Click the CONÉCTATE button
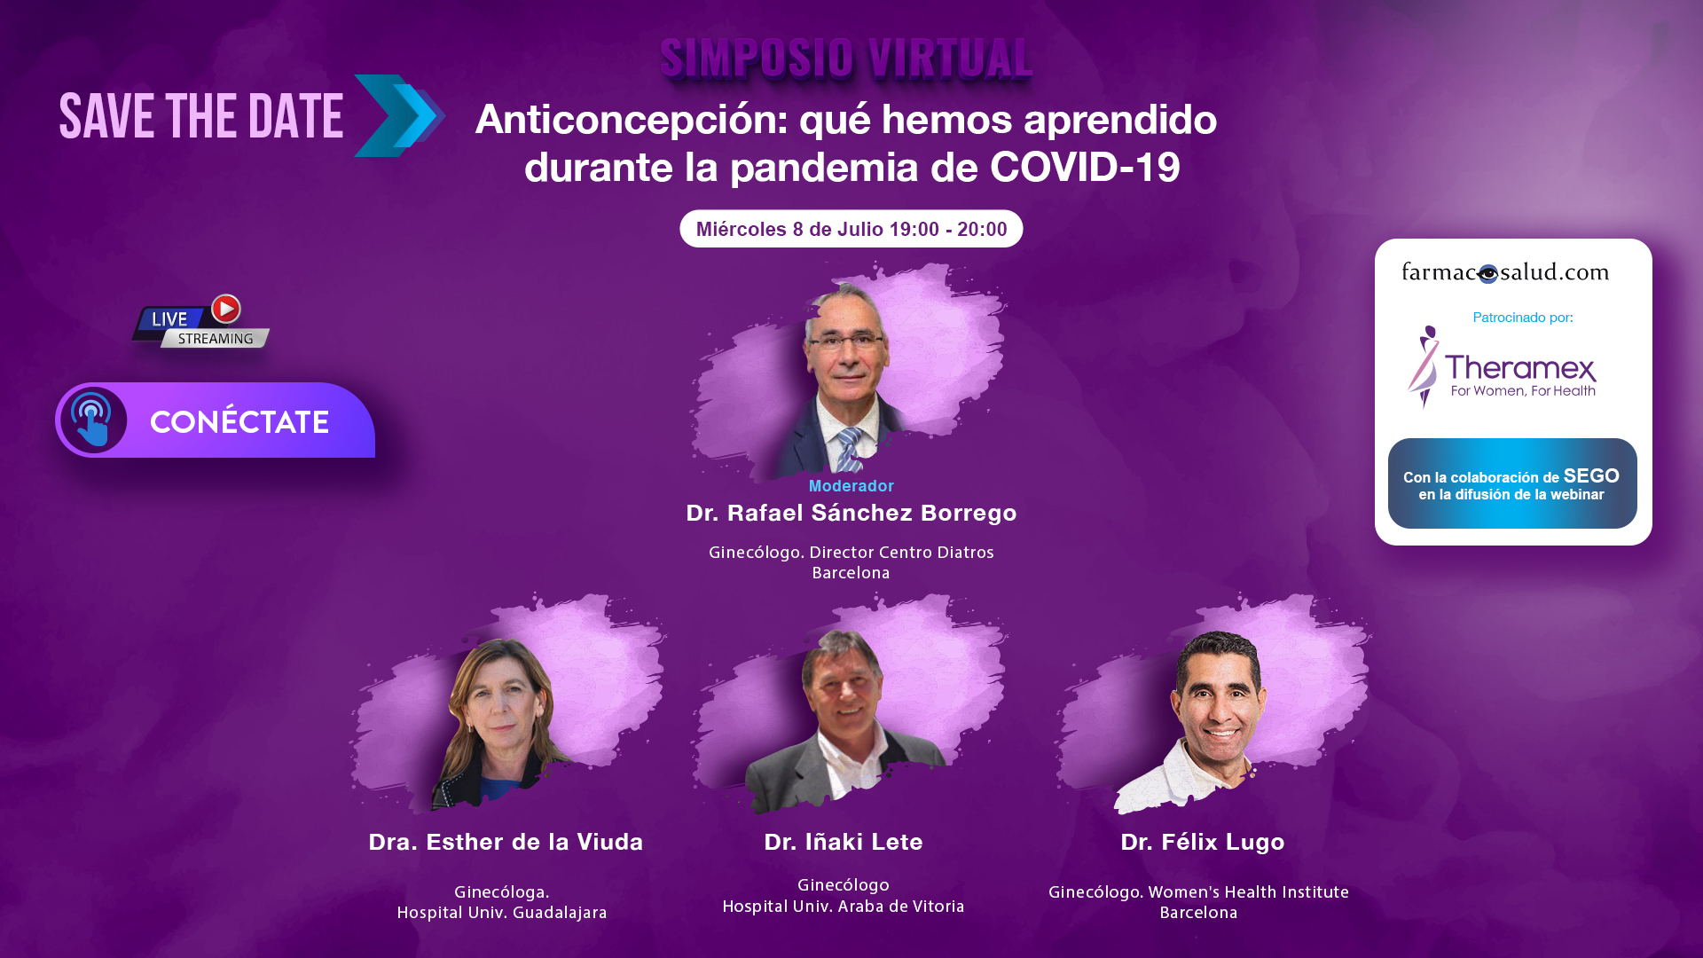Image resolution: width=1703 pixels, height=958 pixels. pos(216,420)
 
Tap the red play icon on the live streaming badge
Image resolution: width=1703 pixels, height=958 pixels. pos(226,309)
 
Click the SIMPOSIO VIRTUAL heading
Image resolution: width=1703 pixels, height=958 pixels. pos(846,59)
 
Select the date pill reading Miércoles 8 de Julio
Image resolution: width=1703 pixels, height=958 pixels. pos(851,229)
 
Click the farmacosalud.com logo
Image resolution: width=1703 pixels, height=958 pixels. pos(1505,272)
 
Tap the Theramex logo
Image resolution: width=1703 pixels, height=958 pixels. pos(1502,367)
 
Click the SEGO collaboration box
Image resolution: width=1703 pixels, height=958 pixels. pos(1512,483)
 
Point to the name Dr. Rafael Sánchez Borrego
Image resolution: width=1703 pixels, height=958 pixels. pos(851,513)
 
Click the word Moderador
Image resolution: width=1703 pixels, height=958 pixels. pos(851,486)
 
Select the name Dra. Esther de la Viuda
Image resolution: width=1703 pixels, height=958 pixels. pos(506,842)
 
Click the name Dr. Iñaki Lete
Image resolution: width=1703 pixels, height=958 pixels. pos(844,842)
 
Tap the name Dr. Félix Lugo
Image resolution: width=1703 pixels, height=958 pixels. pos(1203,842)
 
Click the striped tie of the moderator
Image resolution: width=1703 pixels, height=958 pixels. pos(849,449)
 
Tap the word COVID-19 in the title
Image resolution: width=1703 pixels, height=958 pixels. pos(1085,167)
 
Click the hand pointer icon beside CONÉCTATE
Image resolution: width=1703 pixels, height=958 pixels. pos(92,420)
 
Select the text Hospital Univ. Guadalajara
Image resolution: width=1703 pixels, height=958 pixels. pos(502,912)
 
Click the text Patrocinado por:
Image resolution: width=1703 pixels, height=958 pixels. pos(1523,318)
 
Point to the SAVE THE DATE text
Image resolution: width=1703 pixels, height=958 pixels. pos(201,116)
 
